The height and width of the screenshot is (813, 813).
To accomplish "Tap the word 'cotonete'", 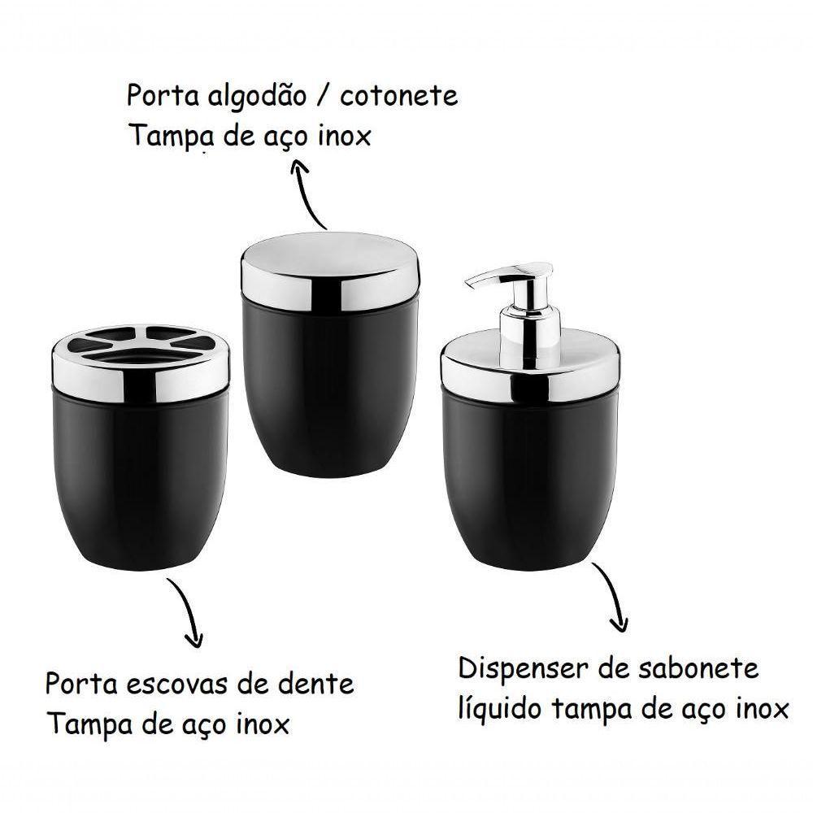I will pyautogui.click(x=398, y=96).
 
